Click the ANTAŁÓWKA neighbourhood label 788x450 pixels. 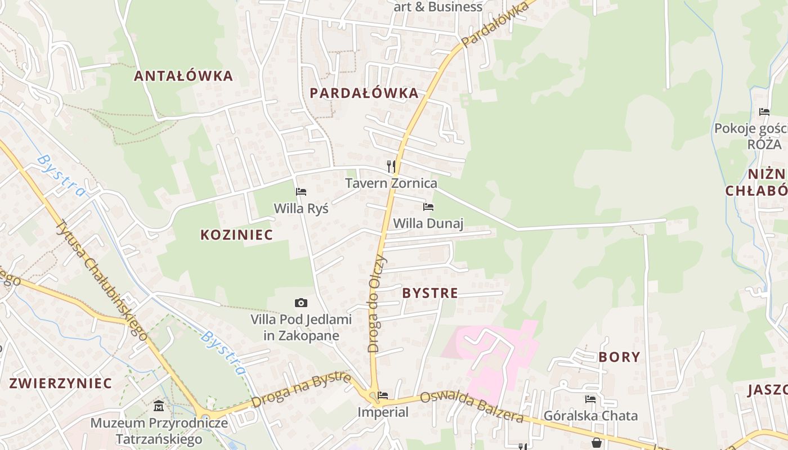(183, 76)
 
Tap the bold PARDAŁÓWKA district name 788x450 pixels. (364, 93)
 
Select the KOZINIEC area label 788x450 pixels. (236, 235)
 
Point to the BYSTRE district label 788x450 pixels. (430, 293)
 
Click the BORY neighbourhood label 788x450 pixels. (619, 357)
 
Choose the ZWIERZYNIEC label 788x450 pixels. (61, 384)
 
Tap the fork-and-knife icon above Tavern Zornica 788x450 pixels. (391, 166)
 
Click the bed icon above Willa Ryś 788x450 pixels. (301, 192)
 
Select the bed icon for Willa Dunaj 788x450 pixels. (428, 207)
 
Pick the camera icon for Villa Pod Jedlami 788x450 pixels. (301, 303)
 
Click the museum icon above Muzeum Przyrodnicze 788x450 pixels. (159, 406)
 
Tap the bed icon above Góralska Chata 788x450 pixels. (590, 399)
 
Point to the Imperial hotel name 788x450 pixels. (383, 412)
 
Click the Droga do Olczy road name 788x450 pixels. (378, 304)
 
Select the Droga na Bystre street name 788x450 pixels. (302, 390)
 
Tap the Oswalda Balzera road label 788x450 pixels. (472, 407)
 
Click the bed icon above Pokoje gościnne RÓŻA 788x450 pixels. (764, 111)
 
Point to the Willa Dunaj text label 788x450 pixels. (428, 224)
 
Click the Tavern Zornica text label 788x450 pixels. (391, 183)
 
